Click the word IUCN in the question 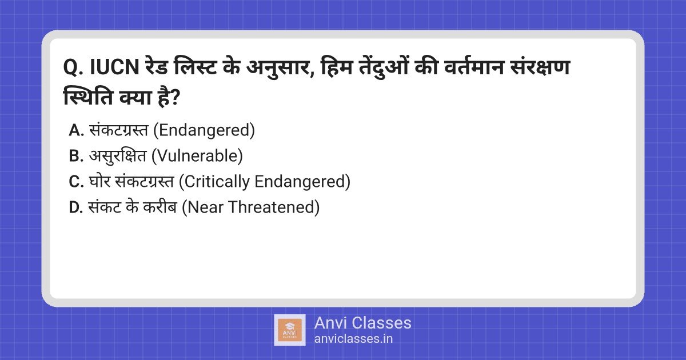115,67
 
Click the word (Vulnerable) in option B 197,156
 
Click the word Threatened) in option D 274,207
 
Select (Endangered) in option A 204,130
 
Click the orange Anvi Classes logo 290,330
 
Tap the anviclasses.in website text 353,339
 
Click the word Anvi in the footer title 330,323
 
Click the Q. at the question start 73,67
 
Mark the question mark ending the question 174,98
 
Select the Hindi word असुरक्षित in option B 118,156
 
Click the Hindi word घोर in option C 99,181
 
